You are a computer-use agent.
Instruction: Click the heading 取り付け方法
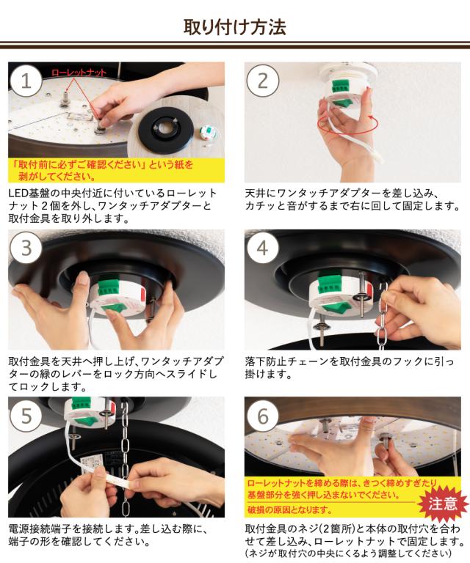click(235, 27)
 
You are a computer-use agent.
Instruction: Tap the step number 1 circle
click(26, 81)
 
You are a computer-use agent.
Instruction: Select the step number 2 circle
click(262, 81)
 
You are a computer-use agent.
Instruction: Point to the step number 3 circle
click(26, 248)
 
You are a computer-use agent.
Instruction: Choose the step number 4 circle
click(262, 248)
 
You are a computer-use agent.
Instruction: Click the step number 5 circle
click(26, 416)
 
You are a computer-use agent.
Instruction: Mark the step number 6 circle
click(262, 416)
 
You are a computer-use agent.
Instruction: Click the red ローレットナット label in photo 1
click(79, 73)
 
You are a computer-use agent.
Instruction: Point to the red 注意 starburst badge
click(443, 504)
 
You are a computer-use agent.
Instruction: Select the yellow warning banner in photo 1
click(117, 170)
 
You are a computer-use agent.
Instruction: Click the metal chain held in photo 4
click(383, 312)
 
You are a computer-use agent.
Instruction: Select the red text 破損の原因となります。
click(290, 509)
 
